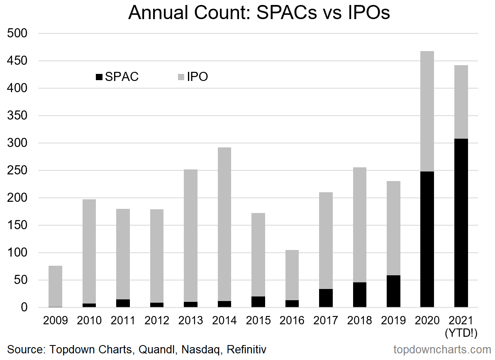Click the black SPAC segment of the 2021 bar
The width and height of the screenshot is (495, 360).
(x=461, y=223)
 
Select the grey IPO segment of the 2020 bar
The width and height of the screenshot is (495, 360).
(x=427, y=111)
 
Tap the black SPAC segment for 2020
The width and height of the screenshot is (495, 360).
(x=427, y=239)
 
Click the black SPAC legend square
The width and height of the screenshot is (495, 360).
(x=99, y=77)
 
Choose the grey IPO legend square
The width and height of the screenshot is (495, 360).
(x=180, y=77)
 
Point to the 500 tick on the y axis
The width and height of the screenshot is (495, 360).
(x=17, y=34)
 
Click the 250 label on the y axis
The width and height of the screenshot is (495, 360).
(x=17, y=171)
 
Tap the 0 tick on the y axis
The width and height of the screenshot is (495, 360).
(x=23, y=308)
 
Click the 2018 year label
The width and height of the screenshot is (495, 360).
(x=359, y=321)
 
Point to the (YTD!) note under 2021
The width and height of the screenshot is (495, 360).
(x=461, y=333)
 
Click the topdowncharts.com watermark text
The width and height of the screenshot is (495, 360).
(x=442, y=350)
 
